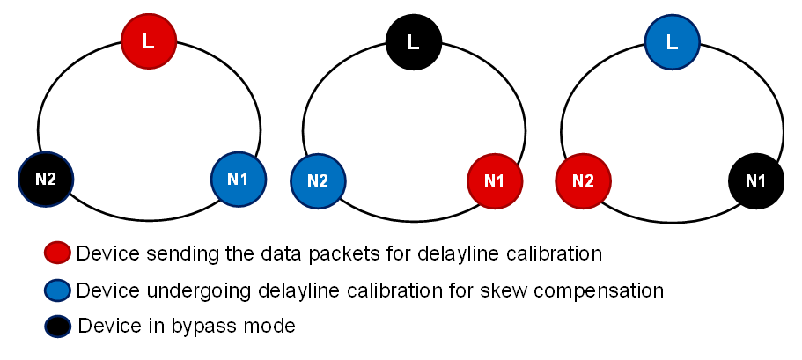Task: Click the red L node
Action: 148,40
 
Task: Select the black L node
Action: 413,40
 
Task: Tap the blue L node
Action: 672,40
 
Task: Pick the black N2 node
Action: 46,179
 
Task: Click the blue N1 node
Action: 238,179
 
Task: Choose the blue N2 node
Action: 318,180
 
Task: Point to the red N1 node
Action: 494,180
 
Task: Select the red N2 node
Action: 582,180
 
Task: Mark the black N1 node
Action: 755,180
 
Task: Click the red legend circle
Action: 58,253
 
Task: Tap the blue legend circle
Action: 58,290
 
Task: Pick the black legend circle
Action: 58,326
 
